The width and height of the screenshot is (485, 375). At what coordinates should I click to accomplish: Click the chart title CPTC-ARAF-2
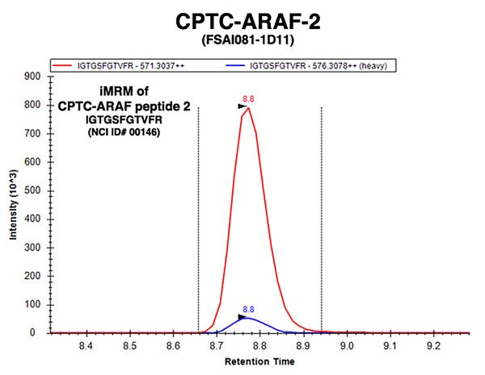(248, 22)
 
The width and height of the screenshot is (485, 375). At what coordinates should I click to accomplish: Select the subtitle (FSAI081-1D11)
(248, 40)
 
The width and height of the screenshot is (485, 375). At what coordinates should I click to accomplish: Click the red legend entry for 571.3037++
(119, 66)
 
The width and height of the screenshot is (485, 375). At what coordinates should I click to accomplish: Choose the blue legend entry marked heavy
(306, 66)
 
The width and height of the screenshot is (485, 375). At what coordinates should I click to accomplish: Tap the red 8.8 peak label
(248, 99)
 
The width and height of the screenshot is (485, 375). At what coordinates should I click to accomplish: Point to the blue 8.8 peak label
(248, 309)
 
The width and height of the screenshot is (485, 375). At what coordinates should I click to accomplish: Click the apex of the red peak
(248, 108)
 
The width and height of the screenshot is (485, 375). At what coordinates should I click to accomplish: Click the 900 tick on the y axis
(32, 77)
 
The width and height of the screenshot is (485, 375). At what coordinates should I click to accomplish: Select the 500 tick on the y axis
(32, 190)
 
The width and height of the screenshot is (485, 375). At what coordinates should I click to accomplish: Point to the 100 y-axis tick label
(32, 304)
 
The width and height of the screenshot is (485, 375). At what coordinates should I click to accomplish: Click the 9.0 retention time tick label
(347, 346)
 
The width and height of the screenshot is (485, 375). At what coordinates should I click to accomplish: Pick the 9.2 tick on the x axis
(433, 346)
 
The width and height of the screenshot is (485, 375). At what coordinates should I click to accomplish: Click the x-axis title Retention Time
(259, 361)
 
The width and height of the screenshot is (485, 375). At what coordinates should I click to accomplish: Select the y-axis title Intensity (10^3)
(13, 205)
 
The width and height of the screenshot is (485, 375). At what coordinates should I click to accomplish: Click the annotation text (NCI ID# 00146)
(124, 132)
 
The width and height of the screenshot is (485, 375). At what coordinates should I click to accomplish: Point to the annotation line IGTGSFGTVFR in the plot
(124, 119)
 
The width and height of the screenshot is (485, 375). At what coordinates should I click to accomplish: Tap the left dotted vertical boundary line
(198, 220)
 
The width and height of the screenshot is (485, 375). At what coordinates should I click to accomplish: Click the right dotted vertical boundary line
(322, 220)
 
